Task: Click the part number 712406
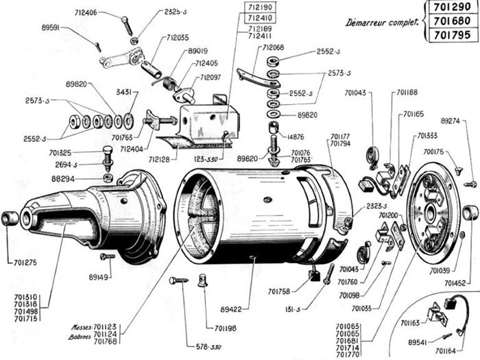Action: pyautogui.click(x=86, y=13)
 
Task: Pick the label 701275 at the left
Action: pyautogui.click(x=26, y=261)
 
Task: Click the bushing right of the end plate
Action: pyautogui.click(x=470, y=213)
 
